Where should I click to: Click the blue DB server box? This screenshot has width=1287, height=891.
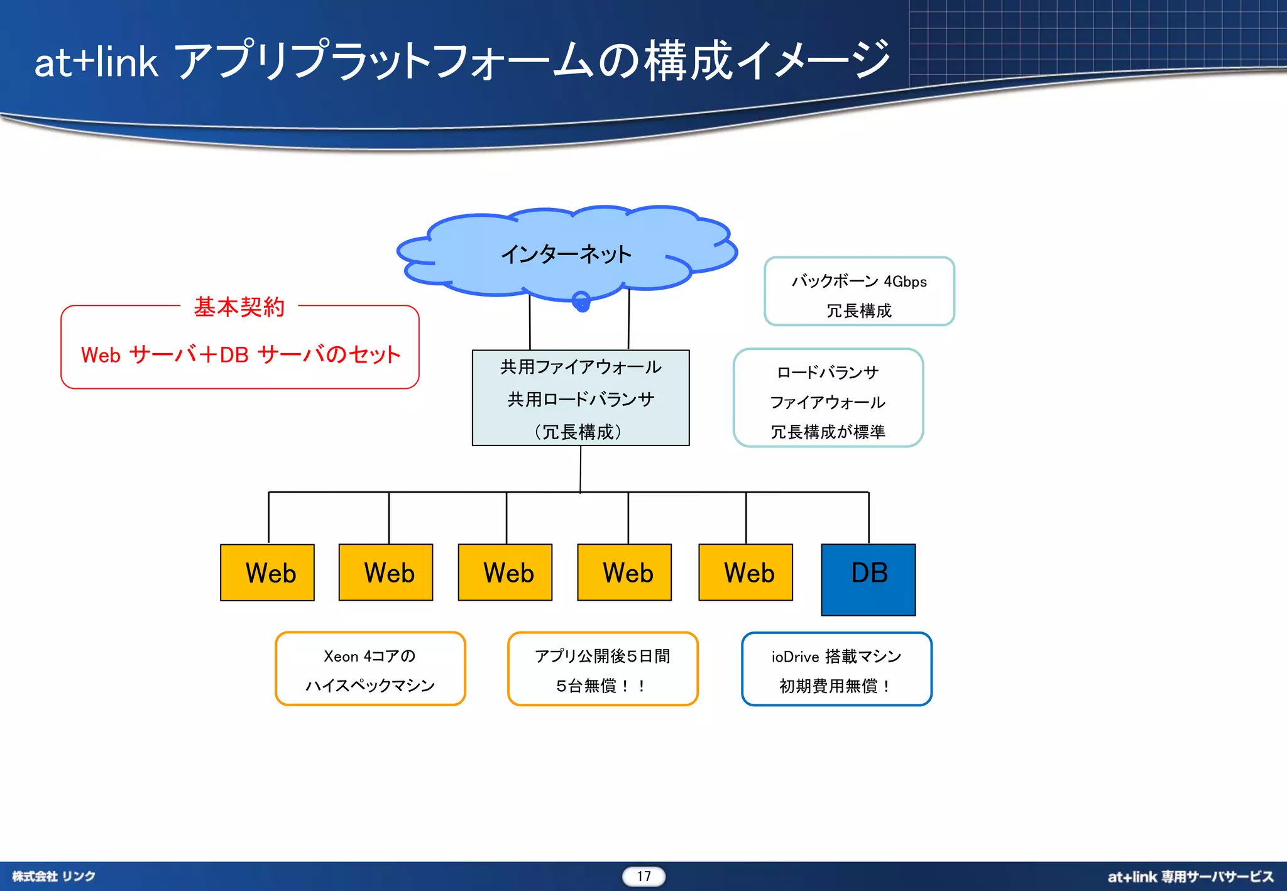[x=868, y=579]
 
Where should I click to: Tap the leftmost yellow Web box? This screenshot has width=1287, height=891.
[x=267, y=572]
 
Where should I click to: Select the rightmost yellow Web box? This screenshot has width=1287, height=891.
[x=745, y=572]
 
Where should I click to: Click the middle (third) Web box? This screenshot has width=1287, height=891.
[x=505, y=572]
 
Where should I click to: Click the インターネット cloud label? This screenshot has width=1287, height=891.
[x=566, y=254]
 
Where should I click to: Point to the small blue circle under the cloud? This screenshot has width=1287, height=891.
[x=581, y=301]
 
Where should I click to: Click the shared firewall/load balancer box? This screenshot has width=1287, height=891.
[x=581, y=398]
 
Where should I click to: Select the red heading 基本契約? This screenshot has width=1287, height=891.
[x=239, y=307]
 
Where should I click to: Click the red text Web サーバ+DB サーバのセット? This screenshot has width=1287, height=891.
[x=240, y=355]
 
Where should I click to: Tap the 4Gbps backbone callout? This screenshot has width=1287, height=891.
[x=859, y=292]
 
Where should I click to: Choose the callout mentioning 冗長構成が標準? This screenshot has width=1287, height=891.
[x=828, y=398]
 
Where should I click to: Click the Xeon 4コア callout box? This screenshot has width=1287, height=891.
[x=370, y=669]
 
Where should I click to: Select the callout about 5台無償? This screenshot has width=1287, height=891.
[x=603, y=669]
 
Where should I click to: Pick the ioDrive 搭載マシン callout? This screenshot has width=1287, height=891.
[x=836, y=669]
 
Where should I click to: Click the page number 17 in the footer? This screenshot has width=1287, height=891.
[x=643, y=876]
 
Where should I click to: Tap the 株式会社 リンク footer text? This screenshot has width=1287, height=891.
[x=53, y=876]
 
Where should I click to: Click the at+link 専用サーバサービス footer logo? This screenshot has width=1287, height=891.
[x=1190, y=877]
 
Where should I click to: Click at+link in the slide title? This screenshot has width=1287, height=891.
[x=96, y=62]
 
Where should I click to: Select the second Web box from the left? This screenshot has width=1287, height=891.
[x=386, y=572]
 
